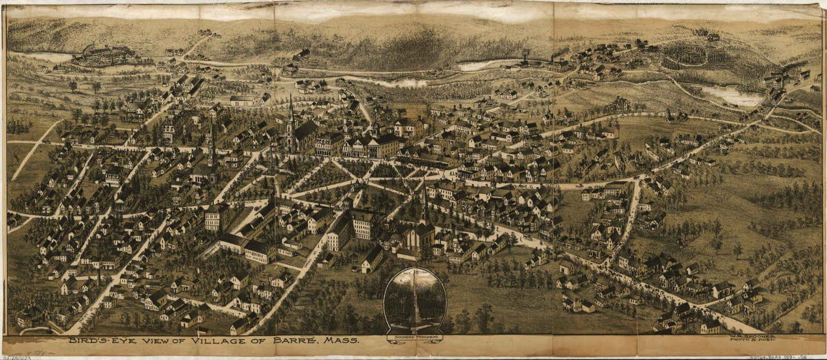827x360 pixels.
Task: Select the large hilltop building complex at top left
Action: click(x=103, y=56)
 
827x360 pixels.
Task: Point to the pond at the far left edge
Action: click(x=49, y=57)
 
